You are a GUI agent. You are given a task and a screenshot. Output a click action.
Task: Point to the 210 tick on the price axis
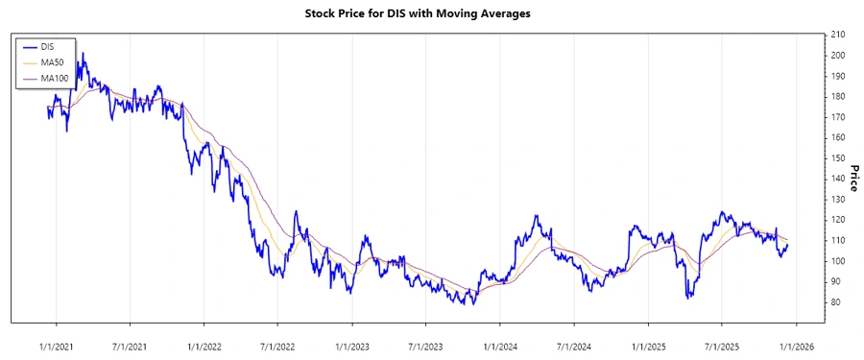838,35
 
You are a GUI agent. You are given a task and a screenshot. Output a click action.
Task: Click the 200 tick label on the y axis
838,56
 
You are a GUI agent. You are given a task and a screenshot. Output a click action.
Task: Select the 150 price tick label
838,158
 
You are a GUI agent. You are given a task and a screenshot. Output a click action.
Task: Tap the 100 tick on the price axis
838,261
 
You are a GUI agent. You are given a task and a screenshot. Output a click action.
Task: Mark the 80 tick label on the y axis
836,302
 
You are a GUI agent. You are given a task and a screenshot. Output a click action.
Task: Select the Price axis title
852,178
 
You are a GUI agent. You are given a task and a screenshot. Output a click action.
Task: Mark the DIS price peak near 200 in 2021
84,54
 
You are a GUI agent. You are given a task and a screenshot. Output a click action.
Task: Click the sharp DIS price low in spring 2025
688,298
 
